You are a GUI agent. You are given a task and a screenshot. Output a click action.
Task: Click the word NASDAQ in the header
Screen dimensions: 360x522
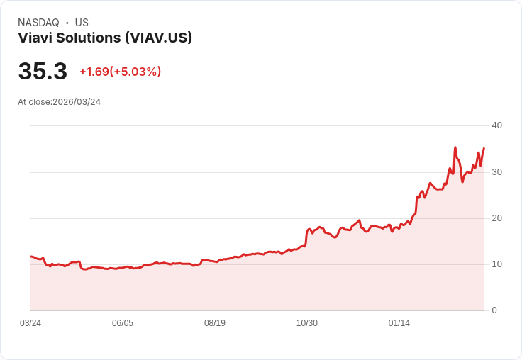(38, 23)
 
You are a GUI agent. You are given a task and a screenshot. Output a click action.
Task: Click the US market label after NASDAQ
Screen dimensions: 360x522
(82, 23)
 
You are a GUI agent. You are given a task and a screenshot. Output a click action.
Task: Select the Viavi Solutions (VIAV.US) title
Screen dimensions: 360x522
(105, 38)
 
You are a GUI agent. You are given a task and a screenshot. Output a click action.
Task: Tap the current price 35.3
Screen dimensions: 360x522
(43, 72)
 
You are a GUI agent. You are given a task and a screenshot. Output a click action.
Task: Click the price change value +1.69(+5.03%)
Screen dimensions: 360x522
(120, 72)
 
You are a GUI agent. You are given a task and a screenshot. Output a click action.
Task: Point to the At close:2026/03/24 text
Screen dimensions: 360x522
(59, 102)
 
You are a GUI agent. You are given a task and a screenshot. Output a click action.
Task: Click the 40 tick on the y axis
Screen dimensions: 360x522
(496, 125)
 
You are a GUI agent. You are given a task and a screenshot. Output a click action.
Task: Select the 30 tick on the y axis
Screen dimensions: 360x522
(496, 172)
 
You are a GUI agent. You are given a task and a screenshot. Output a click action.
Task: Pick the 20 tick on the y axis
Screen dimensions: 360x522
(496, 218)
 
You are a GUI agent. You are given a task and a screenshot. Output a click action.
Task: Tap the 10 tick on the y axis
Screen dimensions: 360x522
(496, 264)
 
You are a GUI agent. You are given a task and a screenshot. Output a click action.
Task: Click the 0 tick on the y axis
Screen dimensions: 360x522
(494, 310)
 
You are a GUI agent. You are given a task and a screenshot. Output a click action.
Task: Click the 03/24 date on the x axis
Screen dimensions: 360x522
(30, 323)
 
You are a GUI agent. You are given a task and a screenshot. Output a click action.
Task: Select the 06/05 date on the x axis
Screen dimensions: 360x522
(123, 323)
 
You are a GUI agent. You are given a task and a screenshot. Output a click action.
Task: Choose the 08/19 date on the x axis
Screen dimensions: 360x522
(215, 323)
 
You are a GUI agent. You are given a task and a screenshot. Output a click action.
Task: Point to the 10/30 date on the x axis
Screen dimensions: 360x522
(307, 323)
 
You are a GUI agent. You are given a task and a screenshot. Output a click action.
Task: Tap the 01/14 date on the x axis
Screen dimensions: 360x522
(399, 323)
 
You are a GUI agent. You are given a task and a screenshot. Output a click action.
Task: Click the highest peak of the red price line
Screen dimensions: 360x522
(455, 147)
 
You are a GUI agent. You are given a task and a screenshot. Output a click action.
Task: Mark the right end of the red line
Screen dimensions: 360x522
(484, 148)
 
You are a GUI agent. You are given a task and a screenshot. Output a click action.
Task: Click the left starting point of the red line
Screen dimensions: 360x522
(31, 257)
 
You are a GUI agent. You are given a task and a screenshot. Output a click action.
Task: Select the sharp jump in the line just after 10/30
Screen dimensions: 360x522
(306, 237)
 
